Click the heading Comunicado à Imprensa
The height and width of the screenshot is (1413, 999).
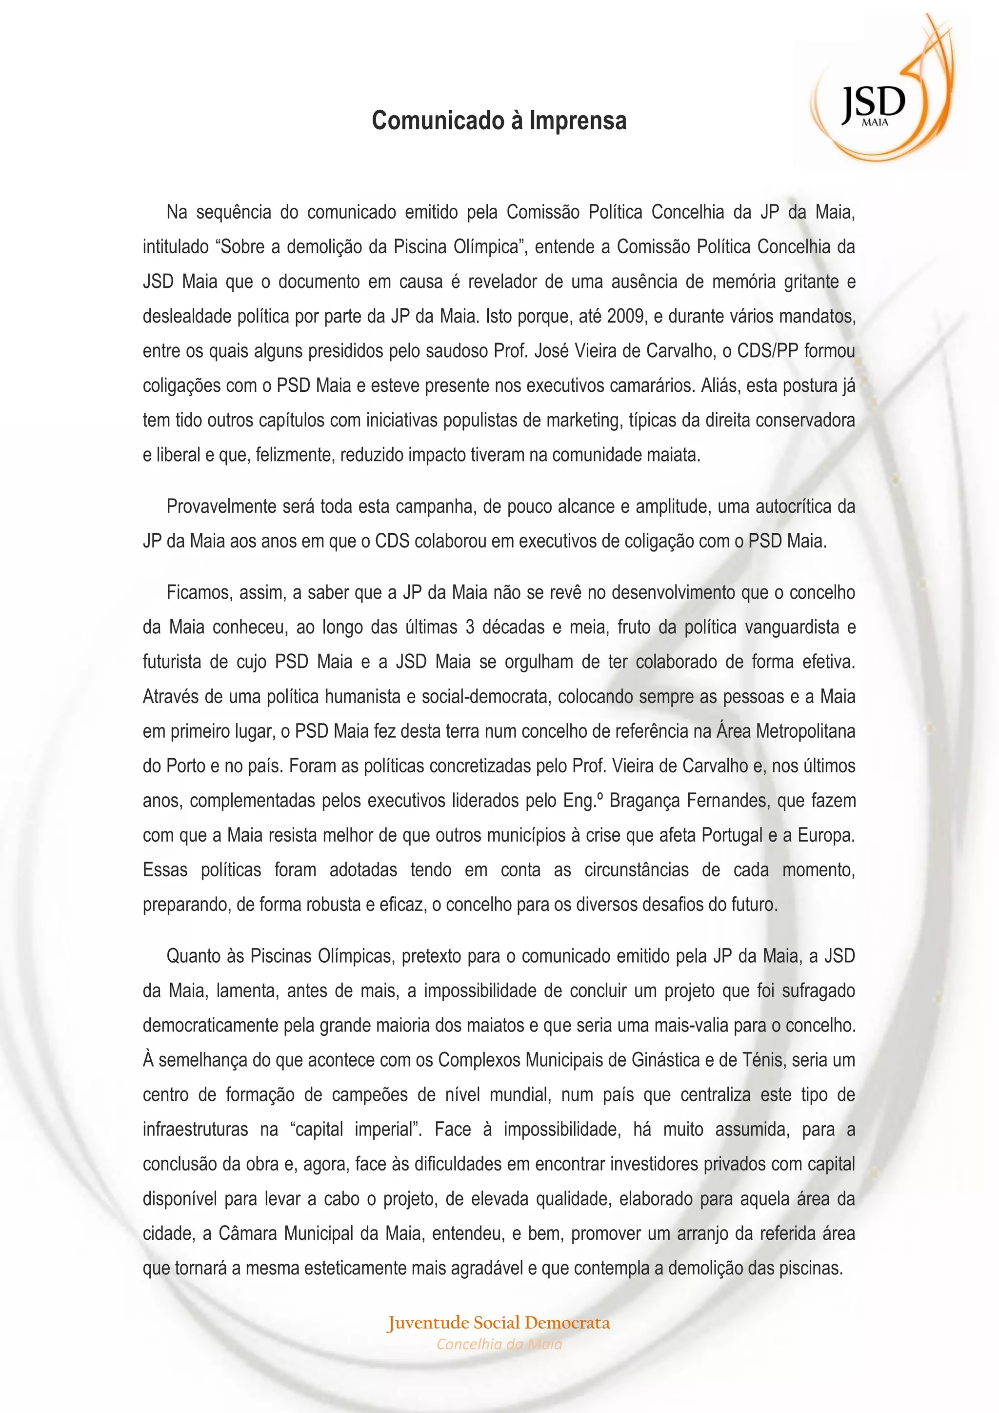point(499,121)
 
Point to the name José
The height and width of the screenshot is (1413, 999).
point(551,351)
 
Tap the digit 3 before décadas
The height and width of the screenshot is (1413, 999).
point(470,627)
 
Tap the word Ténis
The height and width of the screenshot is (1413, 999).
point(763,1060)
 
